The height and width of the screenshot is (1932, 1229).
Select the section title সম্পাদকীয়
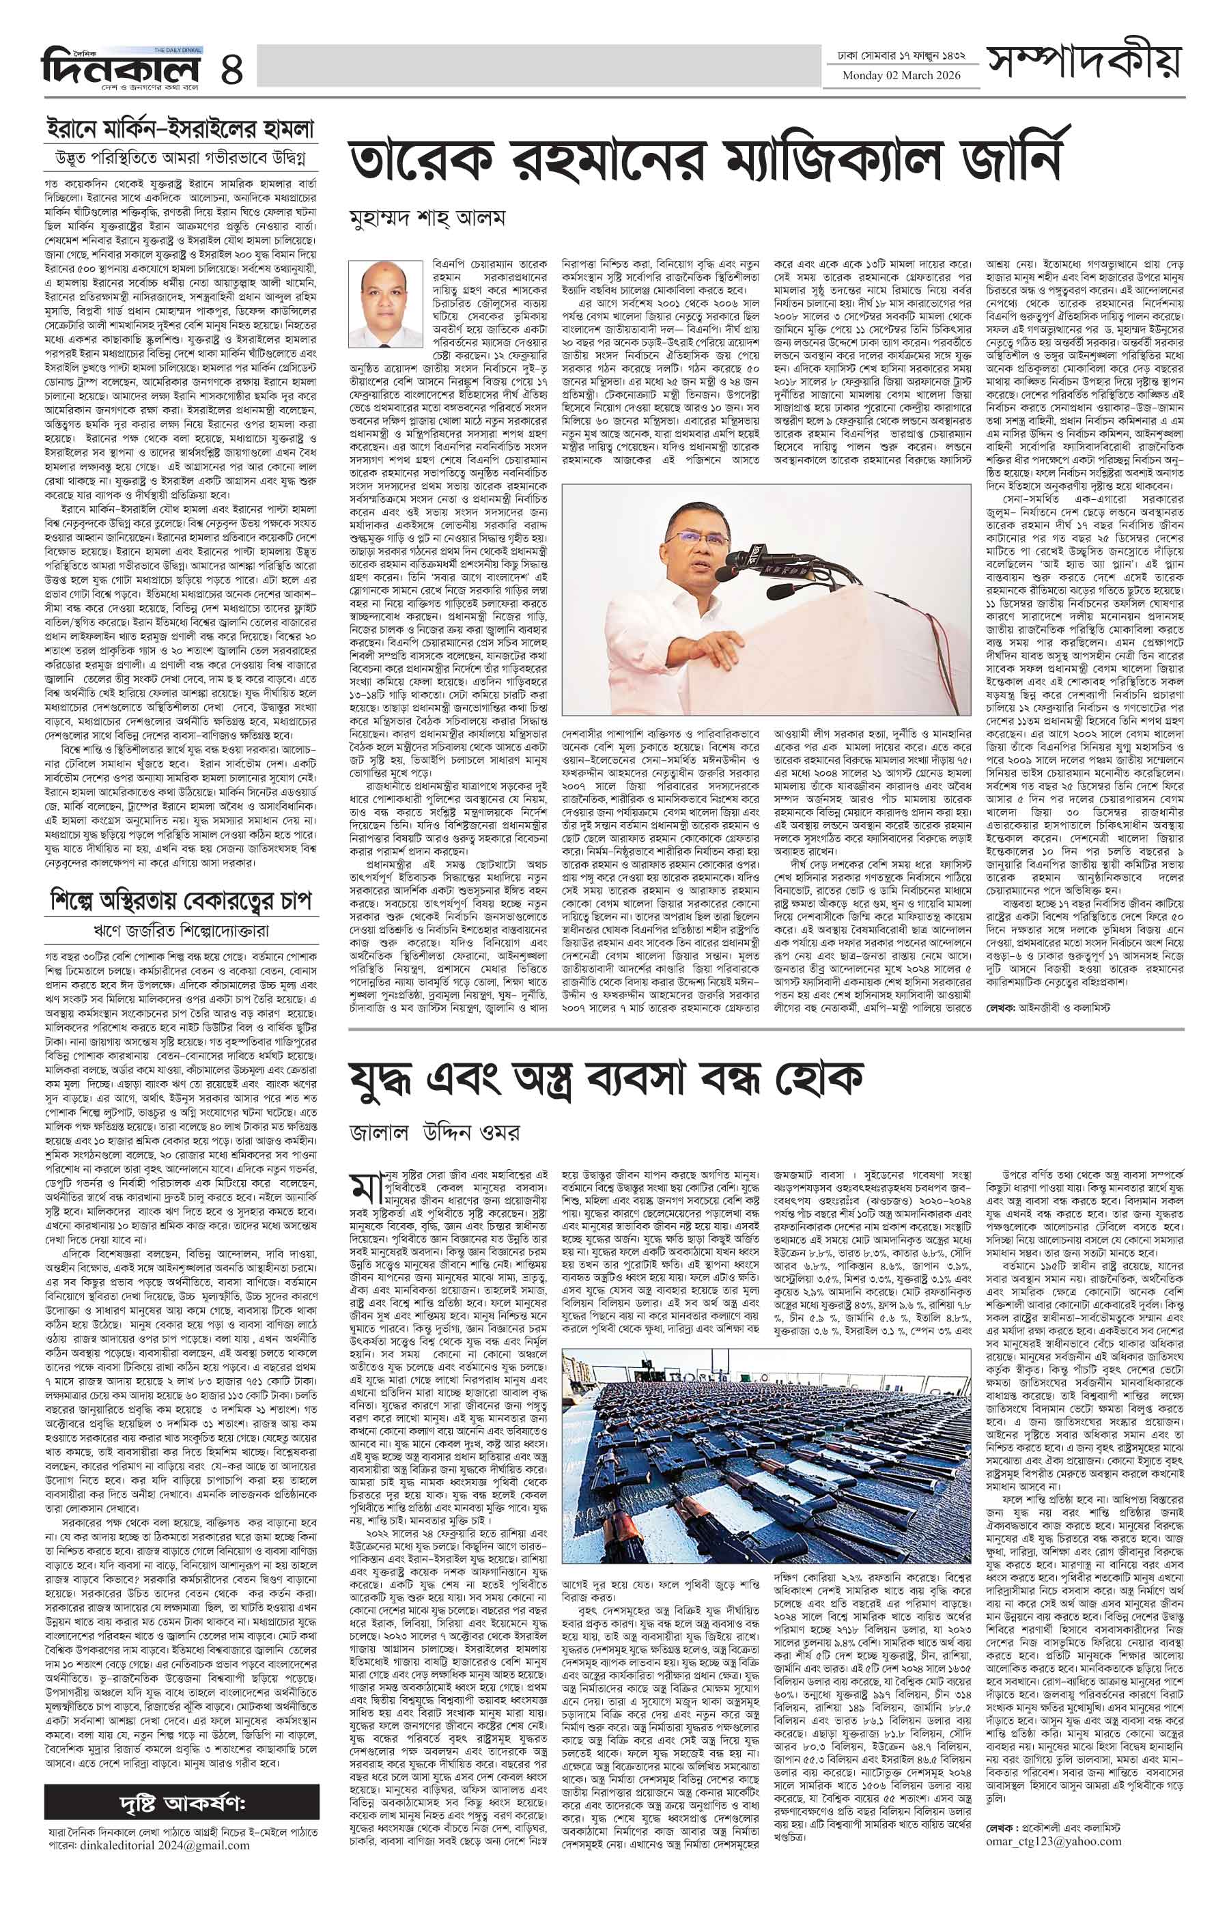(x=1085, y=65)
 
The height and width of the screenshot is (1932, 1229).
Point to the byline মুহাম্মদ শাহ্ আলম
(x=427, y=219)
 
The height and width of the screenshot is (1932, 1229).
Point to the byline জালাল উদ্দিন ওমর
(x=434, y=1133)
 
